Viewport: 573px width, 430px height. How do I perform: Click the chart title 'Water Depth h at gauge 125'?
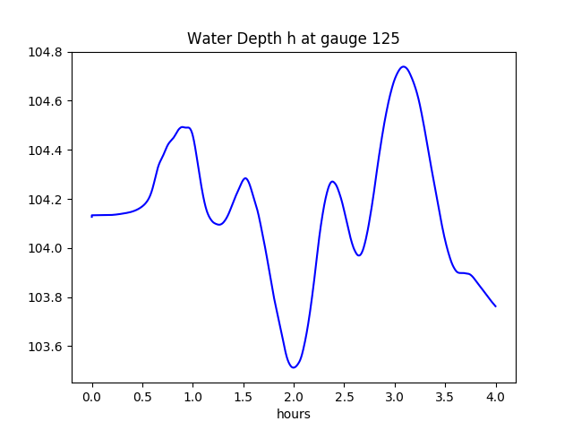tap(293, 39)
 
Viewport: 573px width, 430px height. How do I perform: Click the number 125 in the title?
tap(387, 39)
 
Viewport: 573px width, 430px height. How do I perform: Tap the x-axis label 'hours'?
tap(293, 414)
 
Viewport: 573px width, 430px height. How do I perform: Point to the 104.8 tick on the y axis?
tap(46, 52)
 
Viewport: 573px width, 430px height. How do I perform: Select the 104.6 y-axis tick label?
tap(46, 101)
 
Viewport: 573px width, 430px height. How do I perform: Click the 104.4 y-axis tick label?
tap(46, 150)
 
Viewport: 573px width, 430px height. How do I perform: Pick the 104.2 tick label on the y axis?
tap(46, 200)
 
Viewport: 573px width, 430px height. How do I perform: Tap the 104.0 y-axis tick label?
tap(46, 249)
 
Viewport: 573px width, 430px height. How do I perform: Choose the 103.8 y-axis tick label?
tap(46, 298)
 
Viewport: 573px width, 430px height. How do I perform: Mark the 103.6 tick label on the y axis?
tap(46, 348)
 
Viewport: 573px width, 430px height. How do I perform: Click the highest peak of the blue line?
tap(404, 66)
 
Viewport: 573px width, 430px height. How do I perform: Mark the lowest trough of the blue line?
tap(293, 367)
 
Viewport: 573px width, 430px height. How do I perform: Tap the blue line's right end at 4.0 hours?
tap(495, 306)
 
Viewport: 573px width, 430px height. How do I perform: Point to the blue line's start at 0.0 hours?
tap(92, 216)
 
